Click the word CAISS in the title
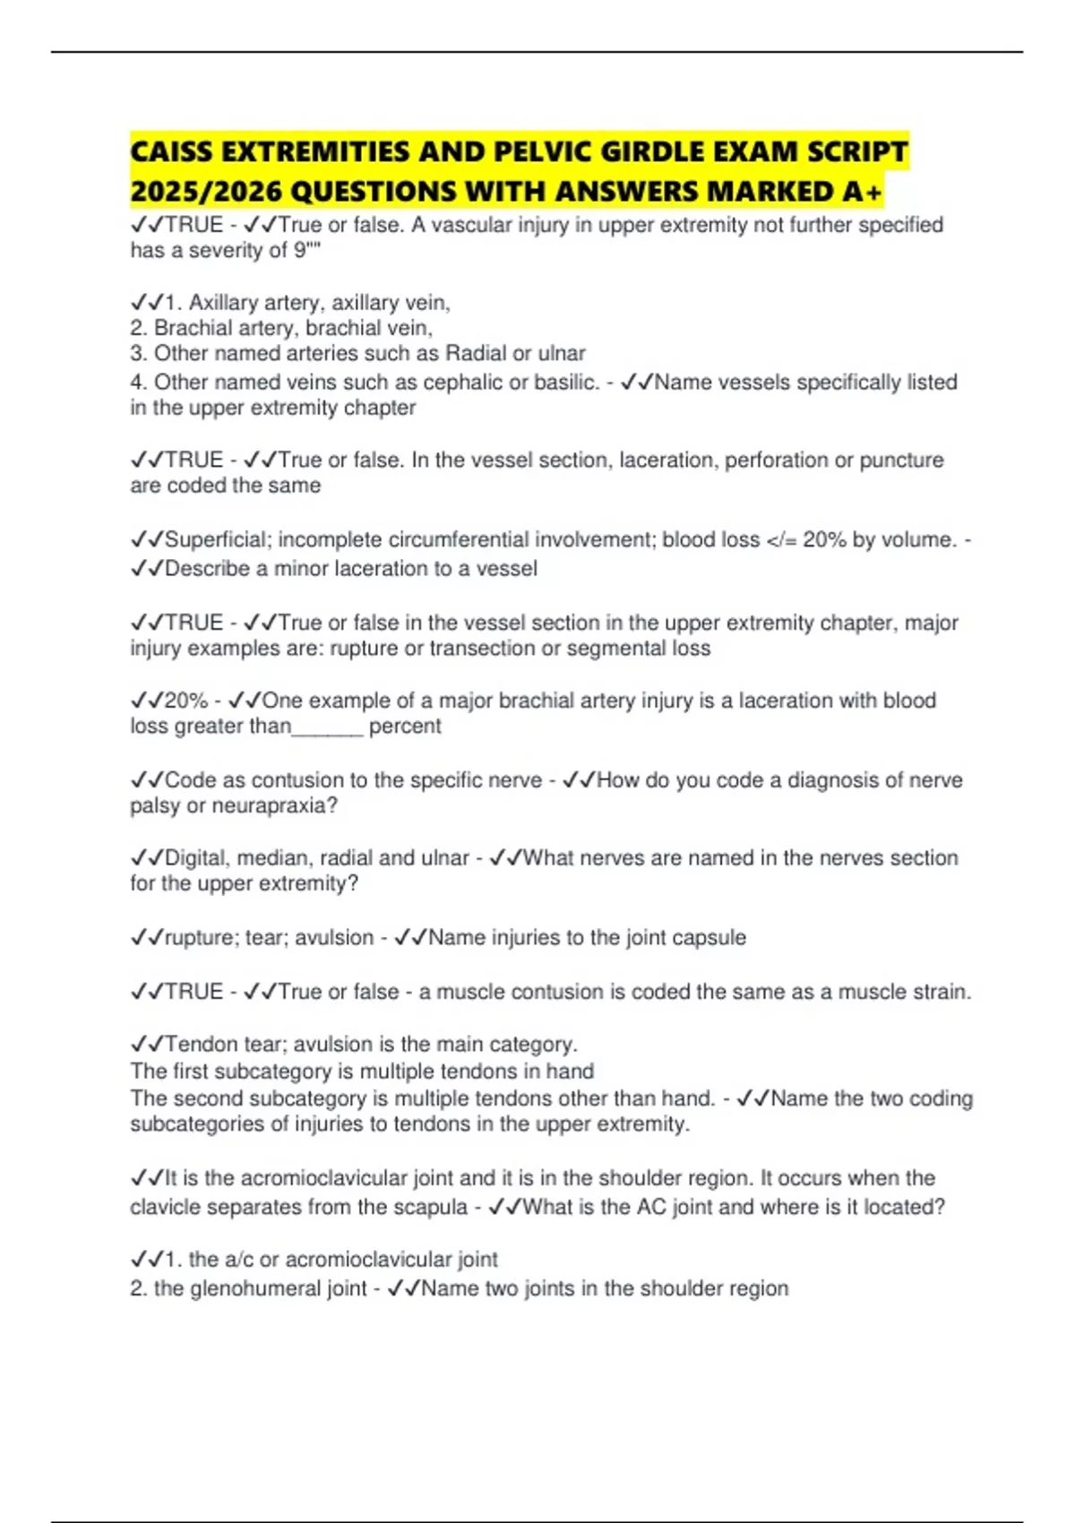coord(170,151)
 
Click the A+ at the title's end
coord(862,191)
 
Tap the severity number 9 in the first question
coord(300,250)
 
